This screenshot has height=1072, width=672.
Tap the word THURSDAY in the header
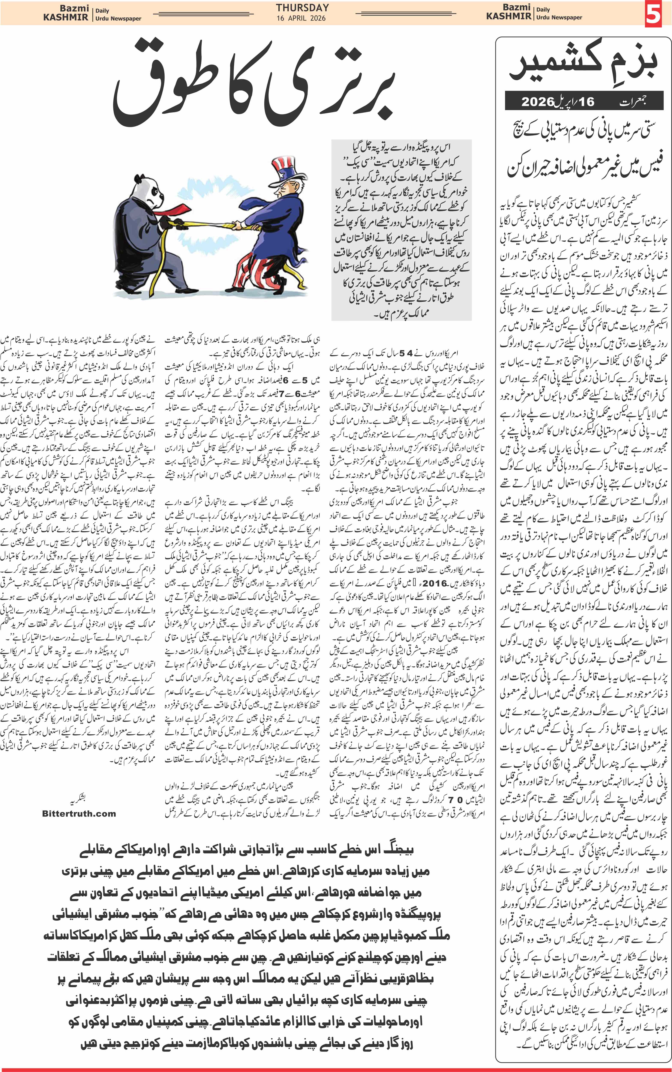pos(302,8)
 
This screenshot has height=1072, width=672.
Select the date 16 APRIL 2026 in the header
pos(301,18)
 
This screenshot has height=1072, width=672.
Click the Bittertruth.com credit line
pos(79,814)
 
